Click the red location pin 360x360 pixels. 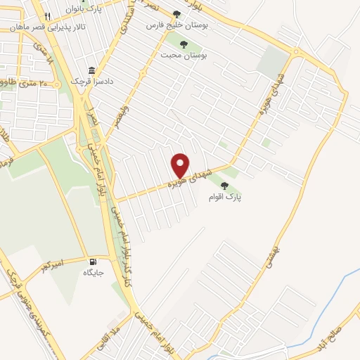(x=181, y=165)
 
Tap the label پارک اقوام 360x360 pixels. (x=224, y=198)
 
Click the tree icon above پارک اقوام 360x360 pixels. (x=224, y=186)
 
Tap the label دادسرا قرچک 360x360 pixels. (x=87, y=82)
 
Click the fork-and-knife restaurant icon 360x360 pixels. (x=47, y=15)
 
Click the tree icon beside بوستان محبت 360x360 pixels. (x=184, y=44)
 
